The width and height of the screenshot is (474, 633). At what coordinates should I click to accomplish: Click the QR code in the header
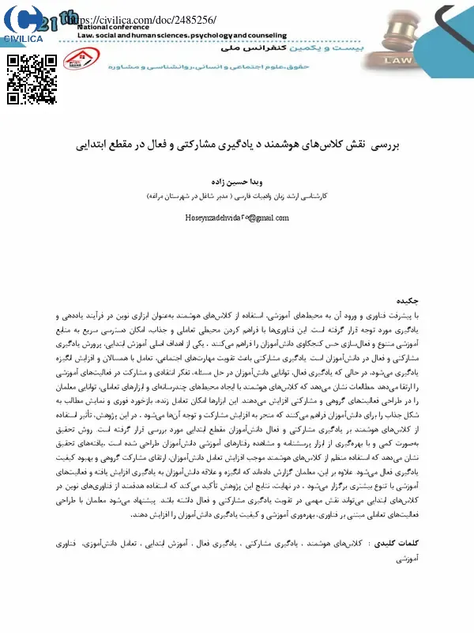31,78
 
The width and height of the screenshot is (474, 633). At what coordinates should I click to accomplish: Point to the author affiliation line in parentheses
236,195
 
